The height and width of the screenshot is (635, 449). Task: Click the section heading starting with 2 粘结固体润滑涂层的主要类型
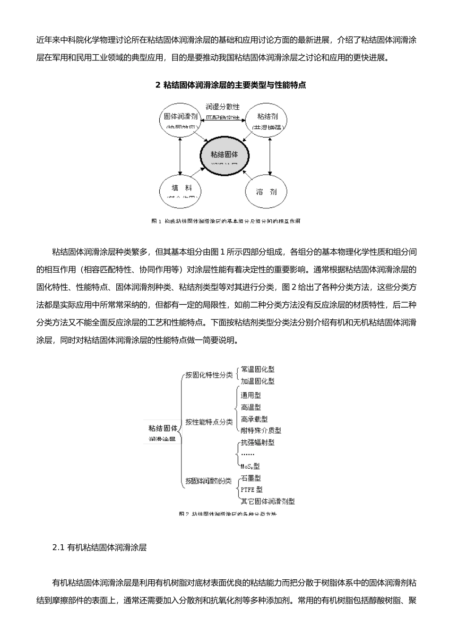click(x=230, y=86)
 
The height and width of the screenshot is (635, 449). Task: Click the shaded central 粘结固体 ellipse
click(x=224, y=156)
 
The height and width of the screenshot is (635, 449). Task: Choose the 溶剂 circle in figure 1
click(x=266, y=192)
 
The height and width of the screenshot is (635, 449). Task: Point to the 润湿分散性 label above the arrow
click(x=223, y=107)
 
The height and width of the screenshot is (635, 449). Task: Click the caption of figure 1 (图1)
click(x=225, y=221)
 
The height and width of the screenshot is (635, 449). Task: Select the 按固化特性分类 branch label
click(x=209, y=375)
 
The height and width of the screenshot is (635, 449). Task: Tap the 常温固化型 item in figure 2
click(x=257, y=369)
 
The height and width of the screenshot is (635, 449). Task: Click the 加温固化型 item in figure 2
click(x=257, y=381)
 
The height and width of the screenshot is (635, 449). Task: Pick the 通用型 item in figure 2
click(x=250, y=395)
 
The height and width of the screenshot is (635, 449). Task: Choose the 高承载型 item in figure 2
click(x=254, y=419)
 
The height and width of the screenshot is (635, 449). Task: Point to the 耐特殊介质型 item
click(x=260, y=430)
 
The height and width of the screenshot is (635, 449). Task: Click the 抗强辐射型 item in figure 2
click(x=257, y=443)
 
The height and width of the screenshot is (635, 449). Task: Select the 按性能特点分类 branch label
click(x=209, y=422)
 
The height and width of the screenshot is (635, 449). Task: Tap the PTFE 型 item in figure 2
click(x=251, y=490)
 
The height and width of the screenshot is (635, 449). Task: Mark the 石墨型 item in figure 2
click(x=250, y=478)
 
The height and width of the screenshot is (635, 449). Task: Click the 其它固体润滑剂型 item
click(x=268, y=501)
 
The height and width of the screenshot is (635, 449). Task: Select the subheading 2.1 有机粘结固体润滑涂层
click(x=99, y=548)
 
